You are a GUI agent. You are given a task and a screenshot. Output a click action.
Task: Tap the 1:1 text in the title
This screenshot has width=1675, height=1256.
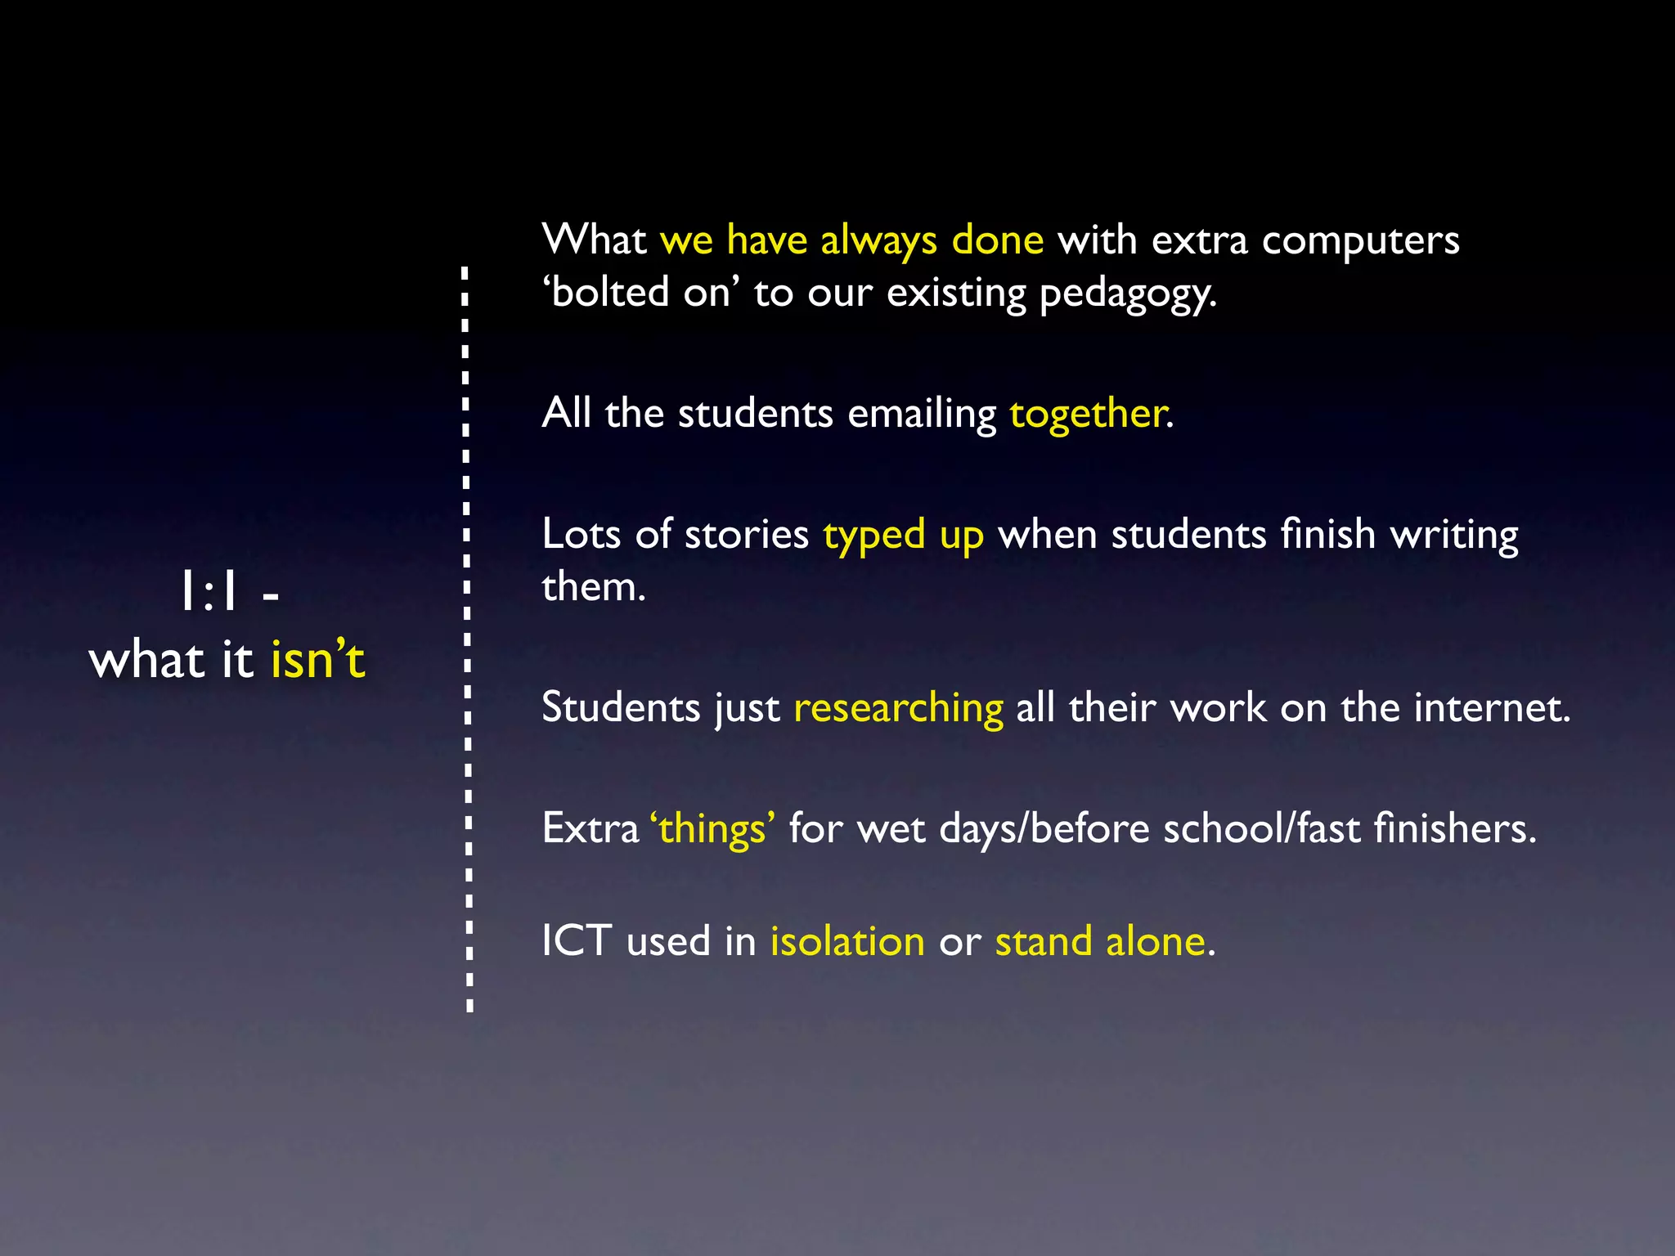209,592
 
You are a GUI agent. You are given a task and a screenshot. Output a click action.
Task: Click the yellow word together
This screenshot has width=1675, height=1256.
1087,414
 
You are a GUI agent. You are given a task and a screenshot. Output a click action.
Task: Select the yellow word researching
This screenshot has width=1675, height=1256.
898,708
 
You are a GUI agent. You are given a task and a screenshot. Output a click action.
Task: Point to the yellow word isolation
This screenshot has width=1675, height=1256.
847,941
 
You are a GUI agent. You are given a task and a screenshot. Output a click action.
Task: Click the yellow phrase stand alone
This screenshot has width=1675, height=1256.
1100,941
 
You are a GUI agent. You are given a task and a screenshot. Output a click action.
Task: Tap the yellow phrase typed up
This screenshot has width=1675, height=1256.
903,536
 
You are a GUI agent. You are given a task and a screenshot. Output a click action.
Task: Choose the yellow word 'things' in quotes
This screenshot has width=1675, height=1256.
712,828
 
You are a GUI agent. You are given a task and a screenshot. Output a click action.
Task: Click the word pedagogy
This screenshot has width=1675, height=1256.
1127,294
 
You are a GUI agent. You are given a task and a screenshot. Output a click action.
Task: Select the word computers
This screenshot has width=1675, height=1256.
1360,240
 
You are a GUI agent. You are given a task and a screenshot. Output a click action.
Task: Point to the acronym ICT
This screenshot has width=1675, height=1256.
577,941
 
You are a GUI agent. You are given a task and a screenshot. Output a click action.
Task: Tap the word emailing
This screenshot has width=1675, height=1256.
922,414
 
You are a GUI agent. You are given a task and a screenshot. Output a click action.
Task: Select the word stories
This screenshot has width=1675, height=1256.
746,535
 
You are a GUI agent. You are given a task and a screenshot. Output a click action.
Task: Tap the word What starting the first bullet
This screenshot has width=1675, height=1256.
594,240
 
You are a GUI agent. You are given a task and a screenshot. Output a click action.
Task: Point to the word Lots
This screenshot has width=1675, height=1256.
582,535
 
